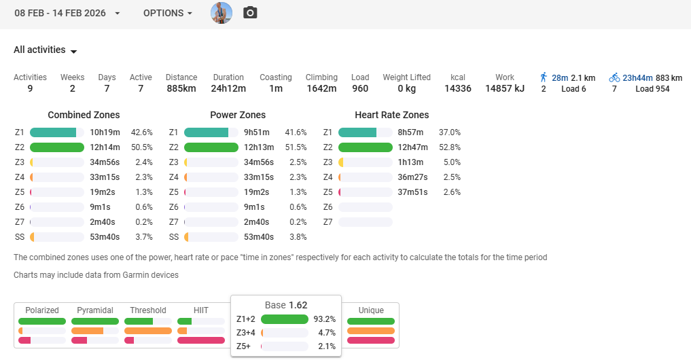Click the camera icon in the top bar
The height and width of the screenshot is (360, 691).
(x=250, y=13)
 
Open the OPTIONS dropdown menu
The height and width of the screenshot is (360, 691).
(x=167, y=13)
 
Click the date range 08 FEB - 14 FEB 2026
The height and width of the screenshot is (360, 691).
(x=67, y=13)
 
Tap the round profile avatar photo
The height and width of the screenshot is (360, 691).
(x=222, y=13)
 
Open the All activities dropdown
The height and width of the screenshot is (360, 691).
(x=46, y=50)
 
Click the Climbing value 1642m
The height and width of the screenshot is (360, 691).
(x=321, y=88)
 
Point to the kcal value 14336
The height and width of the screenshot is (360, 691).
(x=458, y=88)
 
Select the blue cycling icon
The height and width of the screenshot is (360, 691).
(x=614, y=77)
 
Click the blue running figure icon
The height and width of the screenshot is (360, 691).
(x=544, y=77)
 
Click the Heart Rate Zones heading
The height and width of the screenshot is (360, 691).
(x=391, y=115)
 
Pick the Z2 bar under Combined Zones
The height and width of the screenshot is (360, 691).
(x=57, y=147)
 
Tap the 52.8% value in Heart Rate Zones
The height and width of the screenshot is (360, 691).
(x=450, y=147)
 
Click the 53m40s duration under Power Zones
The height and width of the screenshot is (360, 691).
(x=259, y=237)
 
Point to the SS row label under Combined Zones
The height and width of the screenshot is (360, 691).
(x=19, y=237)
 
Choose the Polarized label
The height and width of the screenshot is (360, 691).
(x=41, y=310)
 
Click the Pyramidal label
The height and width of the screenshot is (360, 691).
(x=94, y=310)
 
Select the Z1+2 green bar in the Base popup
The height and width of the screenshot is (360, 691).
(x=285, y=319)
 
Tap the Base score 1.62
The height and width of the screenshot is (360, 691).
(x=298, y=305)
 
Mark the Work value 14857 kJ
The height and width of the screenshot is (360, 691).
(x=505, y=88)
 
